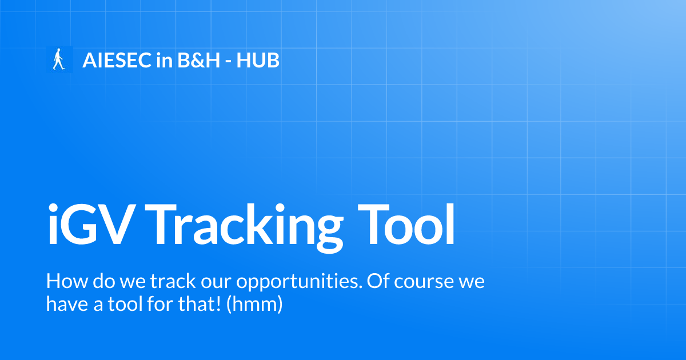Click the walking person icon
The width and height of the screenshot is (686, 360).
[58, 59]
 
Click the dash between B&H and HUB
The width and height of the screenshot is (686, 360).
[228, 61]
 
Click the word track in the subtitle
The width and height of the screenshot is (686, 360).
[167, 282]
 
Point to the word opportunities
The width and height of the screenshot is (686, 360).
[298, 283]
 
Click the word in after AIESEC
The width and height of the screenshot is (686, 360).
[163, 60]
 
